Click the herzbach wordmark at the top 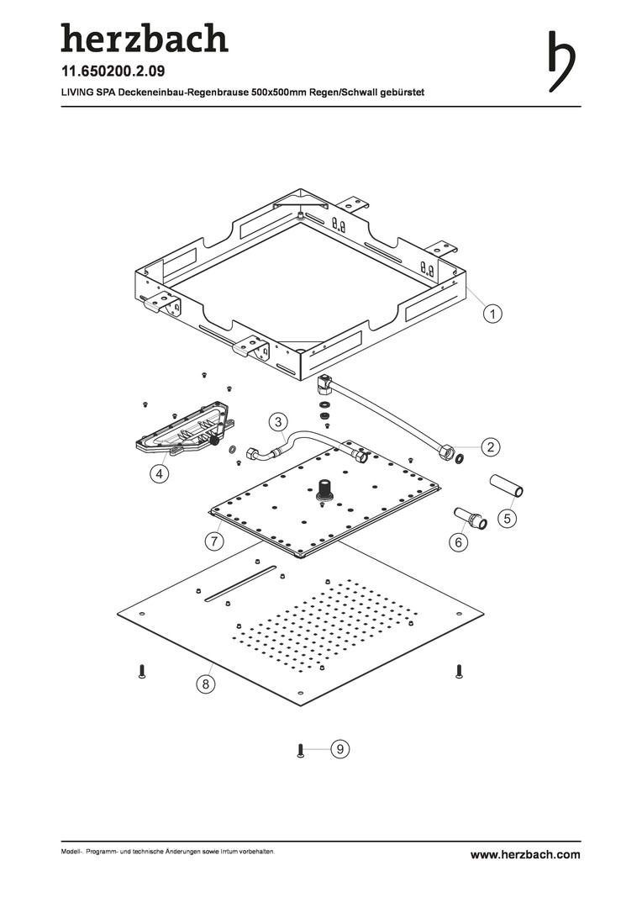144,38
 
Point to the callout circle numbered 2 489,446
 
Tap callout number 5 507,519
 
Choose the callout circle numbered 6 458,542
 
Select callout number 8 204,684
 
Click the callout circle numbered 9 338,747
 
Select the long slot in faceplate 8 244,584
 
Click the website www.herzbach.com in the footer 524,854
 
